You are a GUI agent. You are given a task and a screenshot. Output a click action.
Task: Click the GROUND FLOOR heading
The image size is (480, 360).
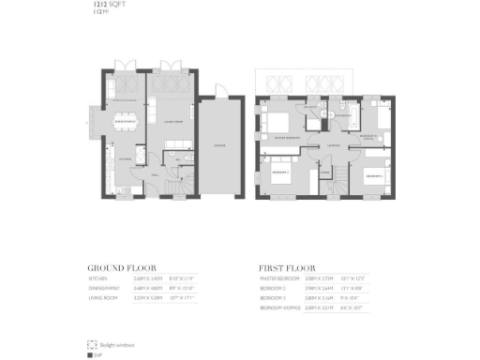click(122, 266)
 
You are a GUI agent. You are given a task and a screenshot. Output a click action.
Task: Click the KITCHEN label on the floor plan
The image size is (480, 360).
click(125, 160)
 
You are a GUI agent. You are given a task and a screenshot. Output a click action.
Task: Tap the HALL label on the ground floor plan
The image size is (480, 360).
click(156, 174)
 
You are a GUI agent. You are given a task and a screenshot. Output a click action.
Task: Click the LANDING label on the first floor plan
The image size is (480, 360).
click(333, 145)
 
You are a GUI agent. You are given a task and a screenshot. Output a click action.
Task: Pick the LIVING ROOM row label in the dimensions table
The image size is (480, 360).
click(102, 296)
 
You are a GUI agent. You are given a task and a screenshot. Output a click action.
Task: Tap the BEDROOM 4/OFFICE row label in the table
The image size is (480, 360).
click(280, 306)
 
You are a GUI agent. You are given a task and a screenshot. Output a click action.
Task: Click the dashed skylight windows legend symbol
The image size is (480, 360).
click(91, 344)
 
